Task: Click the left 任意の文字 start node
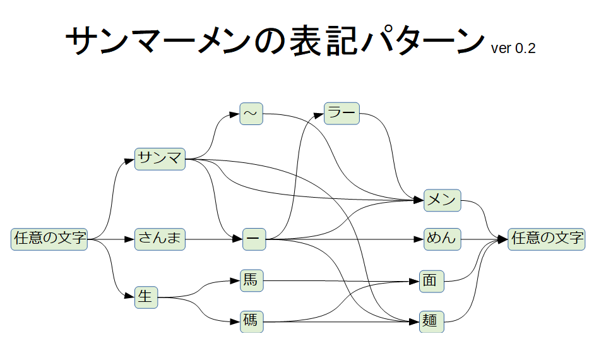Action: tap(49, 239)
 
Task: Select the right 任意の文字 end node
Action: tap(547, 239)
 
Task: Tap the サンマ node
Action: tap(160, 159)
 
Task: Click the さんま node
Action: tap(160, 239)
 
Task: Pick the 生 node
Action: tap(146, 297)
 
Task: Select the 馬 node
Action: tap(251, 280)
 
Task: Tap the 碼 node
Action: tap(251, 321)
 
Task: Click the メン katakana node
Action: tap(442, 200)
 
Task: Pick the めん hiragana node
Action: tap(442, 239)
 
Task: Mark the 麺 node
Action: tap(432, 321)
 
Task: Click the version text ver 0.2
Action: tap(513, 49)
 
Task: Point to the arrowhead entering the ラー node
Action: tap(320, 114)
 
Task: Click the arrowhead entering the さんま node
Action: tap(130, 239)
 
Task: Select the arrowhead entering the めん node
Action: tap(419, 239)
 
